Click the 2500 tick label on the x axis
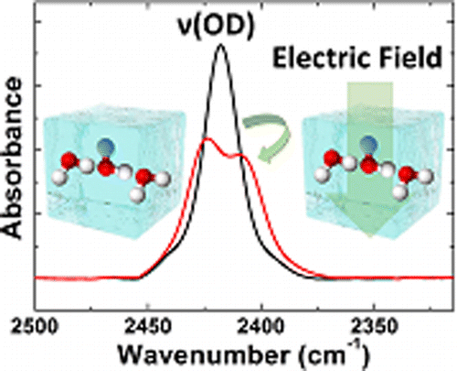click(55, 324)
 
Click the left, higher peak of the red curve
click(207, 138)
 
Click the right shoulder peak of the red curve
click(242, 156)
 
